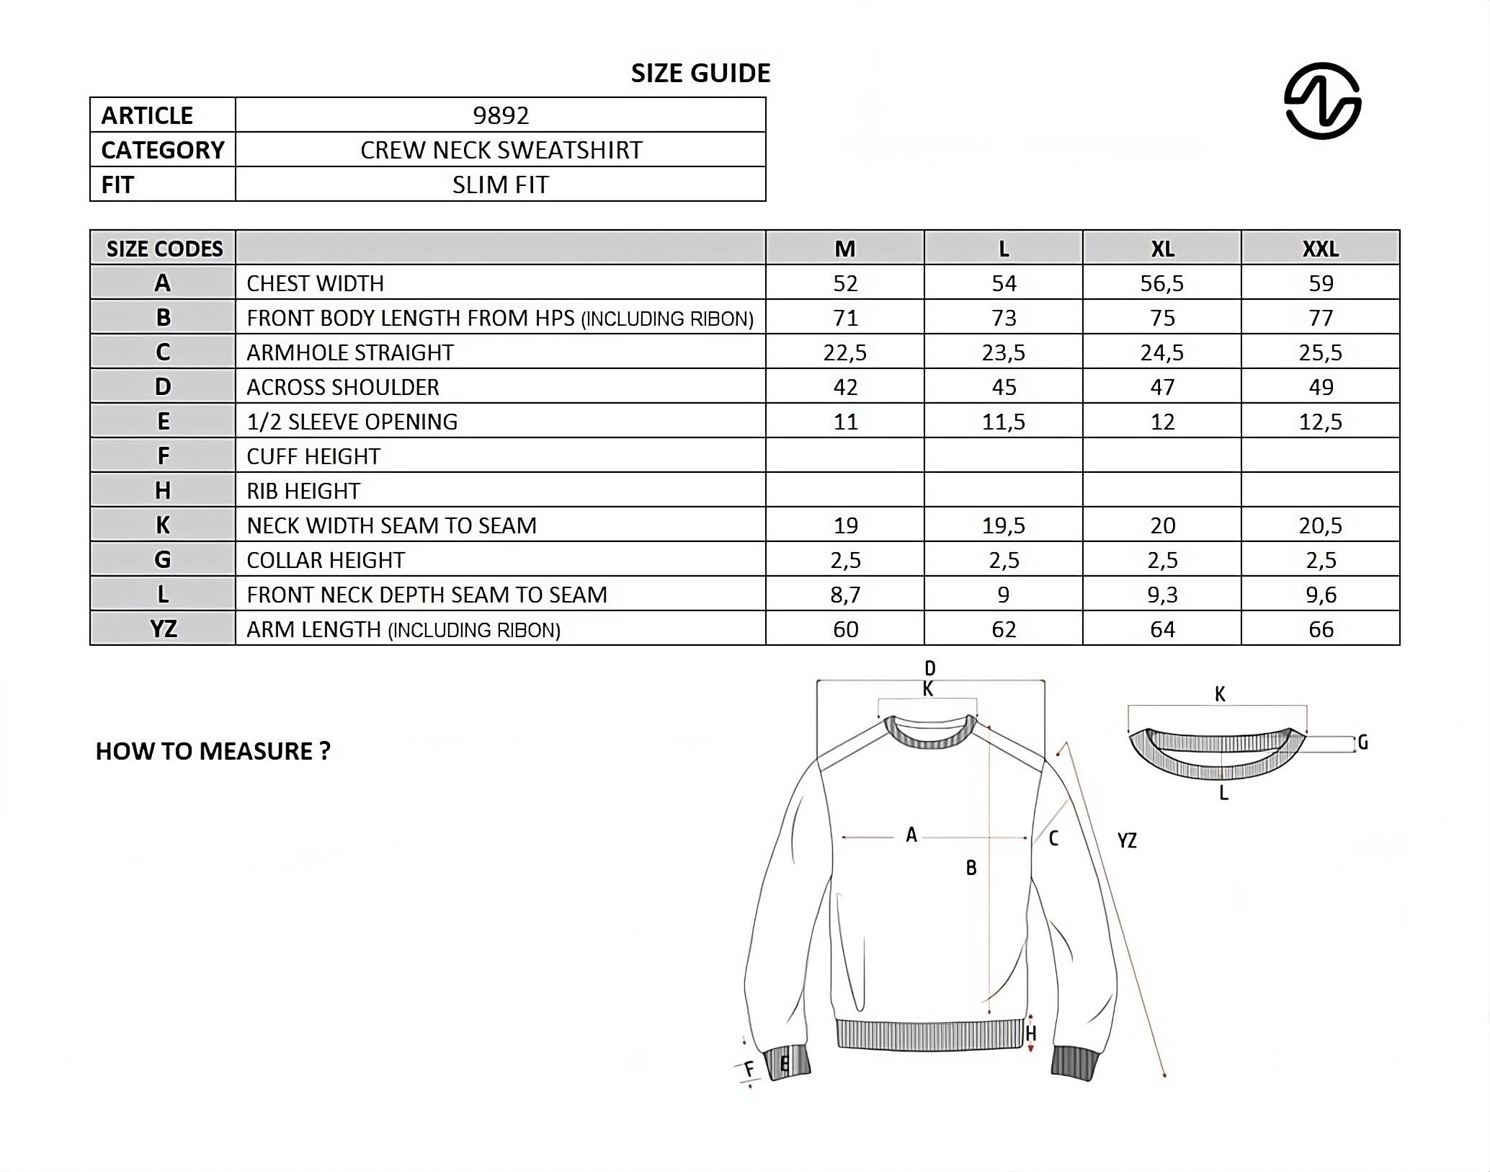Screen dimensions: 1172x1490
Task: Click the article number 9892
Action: point(501,115)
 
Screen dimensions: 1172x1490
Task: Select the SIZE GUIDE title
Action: point(700,73)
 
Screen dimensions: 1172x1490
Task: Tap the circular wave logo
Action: point(1322,100)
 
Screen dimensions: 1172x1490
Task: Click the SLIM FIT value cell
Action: point(501,185)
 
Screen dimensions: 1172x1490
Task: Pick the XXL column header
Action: point(1320,249)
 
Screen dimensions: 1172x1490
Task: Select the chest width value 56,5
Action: point(1161,283)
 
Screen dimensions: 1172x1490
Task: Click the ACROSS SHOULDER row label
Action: point(343,387)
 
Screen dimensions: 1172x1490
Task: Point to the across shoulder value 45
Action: point(1004,387)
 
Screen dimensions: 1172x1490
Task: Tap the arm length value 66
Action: point(1321,629)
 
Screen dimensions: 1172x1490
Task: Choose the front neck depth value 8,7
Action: point(845,595)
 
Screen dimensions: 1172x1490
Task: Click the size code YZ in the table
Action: point(164,629)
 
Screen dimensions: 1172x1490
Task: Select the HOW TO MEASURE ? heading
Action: point(213,751)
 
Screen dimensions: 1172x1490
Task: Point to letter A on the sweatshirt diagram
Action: point(911,835)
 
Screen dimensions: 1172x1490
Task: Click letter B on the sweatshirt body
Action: point(971,868)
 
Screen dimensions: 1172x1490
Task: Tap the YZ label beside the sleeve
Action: point(1127,840)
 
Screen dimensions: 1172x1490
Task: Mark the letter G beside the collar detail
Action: point(1362,742)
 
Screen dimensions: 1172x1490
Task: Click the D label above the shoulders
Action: point(929,668)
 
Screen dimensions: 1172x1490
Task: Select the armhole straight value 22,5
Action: point(845,352)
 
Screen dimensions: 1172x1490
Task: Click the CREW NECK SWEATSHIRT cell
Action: point(501,150)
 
